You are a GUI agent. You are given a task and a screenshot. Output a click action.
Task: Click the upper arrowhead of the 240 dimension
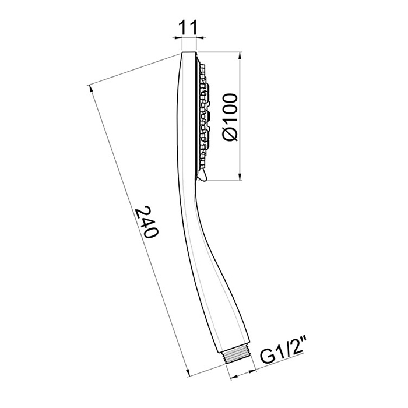92,89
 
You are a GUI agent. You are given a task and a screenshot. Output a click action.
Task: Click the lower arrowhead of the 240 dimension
191,374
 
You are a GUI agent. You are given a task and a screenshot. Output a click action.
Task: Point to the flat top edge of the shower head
189,53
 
